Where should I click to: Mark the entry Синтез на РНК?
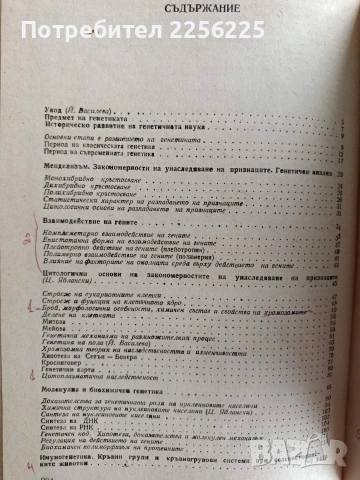click(x=84, y=451)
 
